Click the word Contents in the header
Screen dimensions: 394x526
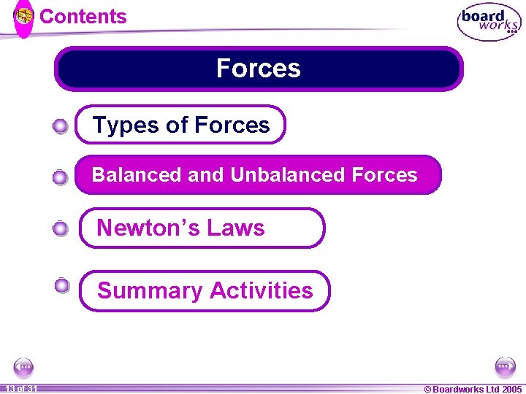pos(83,17)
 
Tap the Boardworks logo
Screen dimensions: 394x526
pos(489,23)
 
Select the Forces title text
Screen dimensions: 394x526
pos(258,69)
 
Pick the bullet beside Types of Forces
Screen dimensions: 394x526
pos(61,127)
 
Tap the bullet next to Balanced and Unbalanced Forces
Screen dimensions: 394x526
pos(61,177)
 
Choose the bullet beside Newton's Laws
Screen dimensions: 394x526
pos(61,229)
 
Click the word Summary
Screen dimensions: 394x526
pos(149,290)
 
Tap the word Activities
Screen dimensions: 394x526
pos(261,290)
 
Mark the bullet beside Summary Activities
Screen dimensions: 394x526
pos(62,285)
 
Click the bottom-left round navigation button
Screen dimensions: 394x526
pos(23,367)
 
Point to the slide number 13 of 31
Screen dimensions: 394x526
pos(20,389)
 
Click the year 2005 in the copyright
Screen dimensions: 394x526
pos(511,389)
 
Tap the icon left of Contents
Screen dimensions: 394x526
pos(24,15)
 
